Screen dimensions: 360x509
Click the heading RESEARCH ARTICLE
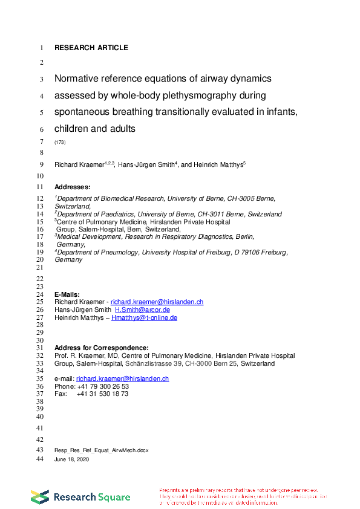click(91, 48)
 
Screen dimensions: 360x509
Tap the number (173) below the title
click(60, 142)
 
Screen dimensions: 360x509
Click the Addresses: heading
click(73, 187)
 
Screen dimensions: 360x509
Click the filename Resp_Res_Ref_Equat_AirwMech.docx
click(101, 451)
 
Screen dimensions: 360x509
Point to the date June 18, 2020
click(71, 460)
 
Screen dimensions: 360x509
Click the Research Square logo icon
click(40, 498)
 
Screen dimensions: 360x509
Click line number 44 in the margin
click(40, 460)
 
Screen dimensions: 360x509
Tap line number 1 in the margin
click(41, 48)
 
